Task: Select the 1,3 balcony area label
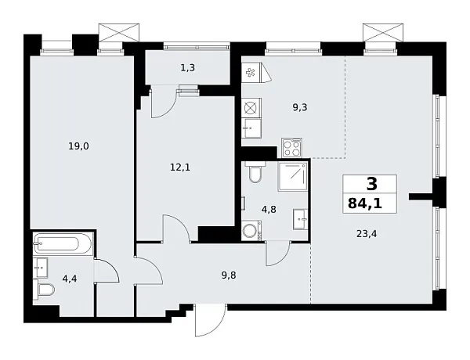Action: pyautogui.click(x=187, y=68)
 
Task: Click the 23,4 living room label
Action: pyautogui.click(x=365, y=232)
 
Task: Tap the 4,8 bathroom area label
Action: pyautogui.click(x=269, y=209)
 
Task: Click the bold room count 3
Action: pyautogui.click(x=371, y=185)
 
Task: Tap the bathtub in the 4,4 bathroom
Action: pyautogui.click(x=63, y=243)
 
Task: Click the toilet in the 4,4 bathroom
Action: pyautogui.click(x=46, y=291)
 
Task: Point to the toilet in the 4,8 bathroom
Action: pyautogui.click(x=253, y=173)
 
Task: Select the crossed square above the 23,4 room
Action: pyautogui.click(x=381, y=34)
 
